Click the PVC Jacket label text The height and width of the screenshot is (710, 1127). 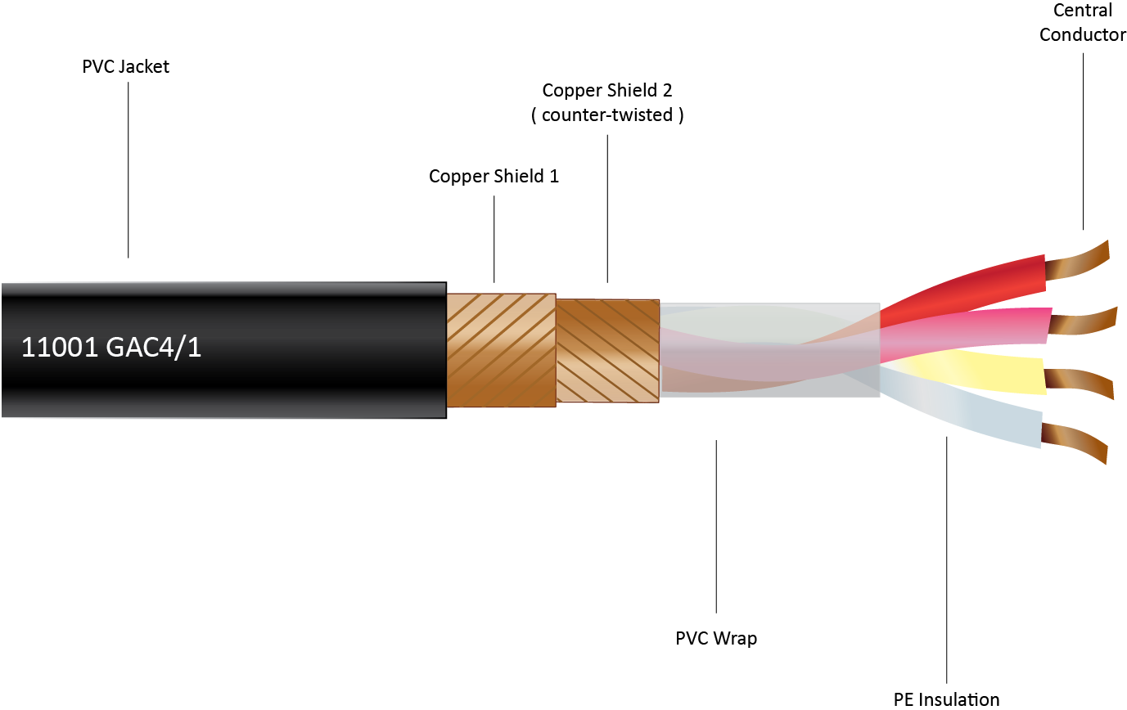[x=125, y=67]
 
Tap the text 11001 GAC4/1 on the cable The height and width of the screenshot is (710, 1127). [x=111, y=348]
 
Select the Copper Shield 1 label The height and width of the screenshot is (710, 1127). [x=494, y=176]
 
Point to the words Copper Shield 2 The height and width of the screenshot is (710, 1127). [x=606, y=90]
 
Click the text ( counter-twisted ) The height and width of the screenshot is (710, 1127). [x=606, y=115]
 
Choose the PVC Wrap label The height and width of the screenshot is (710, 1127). [x=716, y=638]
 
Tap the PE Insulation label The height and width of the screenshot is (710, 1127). [x=946, y=699]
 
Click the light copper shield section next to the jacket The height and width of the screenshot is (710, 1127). [x=501, y=349]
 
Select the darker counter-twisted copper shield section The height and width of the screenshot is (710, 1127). [x=607, y=350]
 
